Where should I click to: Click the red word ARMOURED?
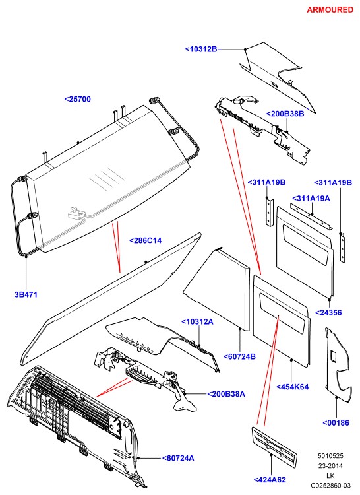(330, 10)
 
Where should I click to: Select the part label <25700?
(78, 99)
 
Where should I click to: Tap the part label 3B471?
(26, 294)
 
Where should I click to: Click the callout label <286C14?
(145, 240)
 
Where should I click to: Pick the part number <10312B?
(201, 49)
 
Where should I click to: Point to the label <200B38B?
(285, 114)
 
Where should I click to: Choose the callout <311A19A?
(311, 199)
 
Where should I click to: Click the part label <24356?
(328, 313)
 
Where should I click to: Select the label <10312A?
(197, 322)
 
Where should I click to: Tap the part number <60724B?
(239, 356)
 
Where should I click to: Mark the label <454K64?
(293, 387)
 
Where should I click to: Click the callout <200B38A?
(226, 394)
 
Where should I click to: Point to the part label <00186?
(336, 423)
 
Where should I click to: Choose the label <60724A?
(178, 459)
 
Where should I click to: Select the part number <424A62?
(270, 480)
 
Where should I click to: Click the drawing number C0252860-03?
(331, 485)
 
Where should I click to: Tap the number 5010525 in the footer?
(330, 456)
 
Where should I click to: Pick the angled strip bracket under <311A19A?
(311, 216)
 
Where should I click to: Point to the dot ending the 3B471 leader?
(26, 257)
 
